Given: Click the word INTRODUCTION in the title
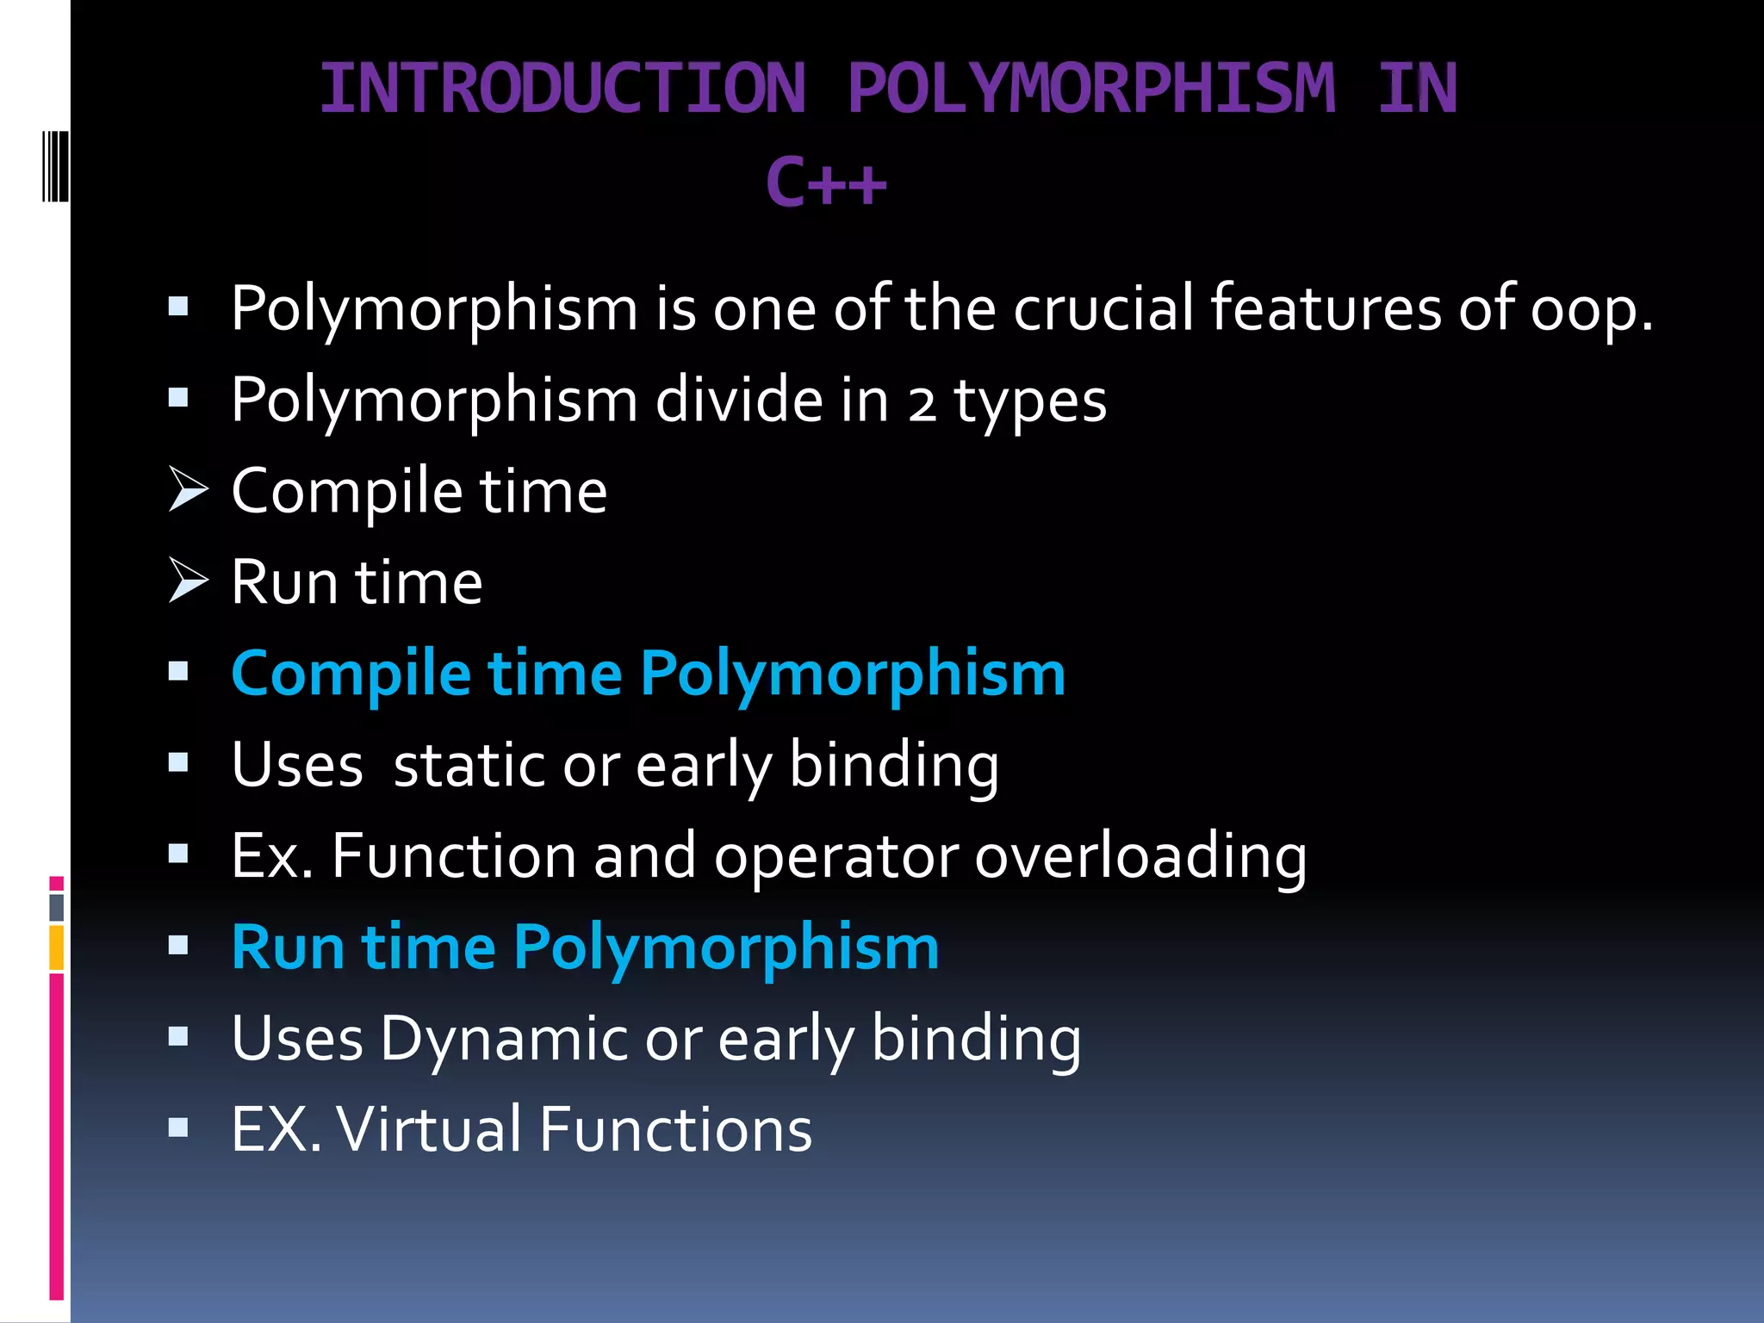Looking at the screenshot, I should click(x=562, y=89).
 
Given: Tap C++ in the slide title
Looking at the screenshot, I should click(x=825, y=183).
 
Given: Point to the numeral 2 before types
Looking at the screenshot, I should click(x=922, y=402).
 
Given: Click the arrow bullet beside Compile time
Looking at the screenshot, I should click(x=188, y=489).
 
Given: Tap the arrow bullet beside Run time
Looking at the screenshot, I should click(x=188, y=581).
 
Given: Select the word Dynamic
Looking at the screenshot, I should click(x=503, y=1038).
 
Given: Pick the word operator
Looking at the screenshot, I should click(x=835, y=857).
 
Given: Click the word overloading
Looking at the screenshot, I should click(x=1140, y=857).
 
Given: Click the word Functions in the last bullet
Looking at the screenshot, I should click(x=675, y=1129).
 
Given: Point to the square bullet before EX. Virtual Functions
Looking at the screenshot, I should click(x=178, y=1127).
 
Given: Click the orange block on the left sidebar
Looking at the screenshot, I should click(x=57, y=947).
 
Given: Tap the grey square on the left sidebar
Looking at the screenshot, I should click(x=57, y=907).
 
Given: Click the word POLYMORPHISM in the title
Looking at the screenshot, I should click(x=1092, y=89).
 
